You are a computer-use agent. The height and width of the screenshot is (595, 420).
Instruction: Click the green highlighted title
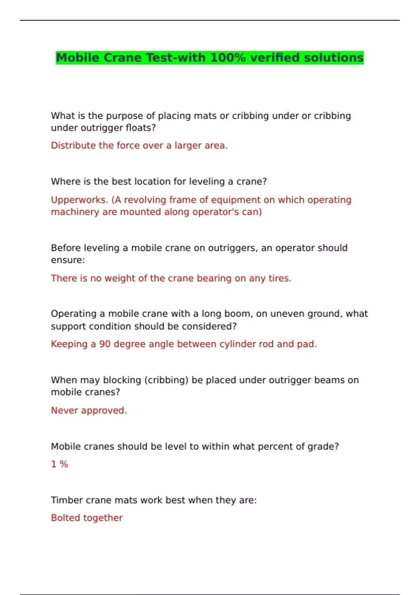pos(210,58)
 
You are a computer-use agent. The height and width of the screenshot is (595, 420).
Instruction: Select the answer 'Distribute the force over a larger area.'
pos(139,145)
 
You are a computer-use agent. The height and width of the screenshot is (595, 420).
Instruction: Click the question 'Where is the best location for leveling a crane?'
pos(159,181)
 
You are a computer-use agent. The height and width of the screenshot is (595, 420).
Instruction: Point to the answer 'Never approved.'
pos(89,410)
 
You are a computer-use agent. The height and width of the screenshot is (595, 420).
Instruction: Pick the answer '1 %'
pos(59,464)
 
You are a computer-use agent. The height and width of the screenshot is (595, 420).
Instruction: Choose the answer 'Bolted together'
pos(87,518)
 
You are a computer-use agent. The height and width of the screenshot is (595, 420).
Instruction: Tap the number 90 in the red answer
pos(105,344)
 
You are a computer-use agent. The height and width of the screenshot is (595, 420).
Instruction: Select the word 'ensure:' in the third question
pos(68,260)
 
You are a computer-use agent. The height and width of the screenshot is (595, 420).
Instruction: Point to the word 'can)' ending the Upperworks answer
pos(252,212)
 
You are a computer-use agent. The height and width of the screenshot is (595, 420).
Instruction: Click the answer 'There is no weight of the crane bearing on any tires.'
pos(171,278)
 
